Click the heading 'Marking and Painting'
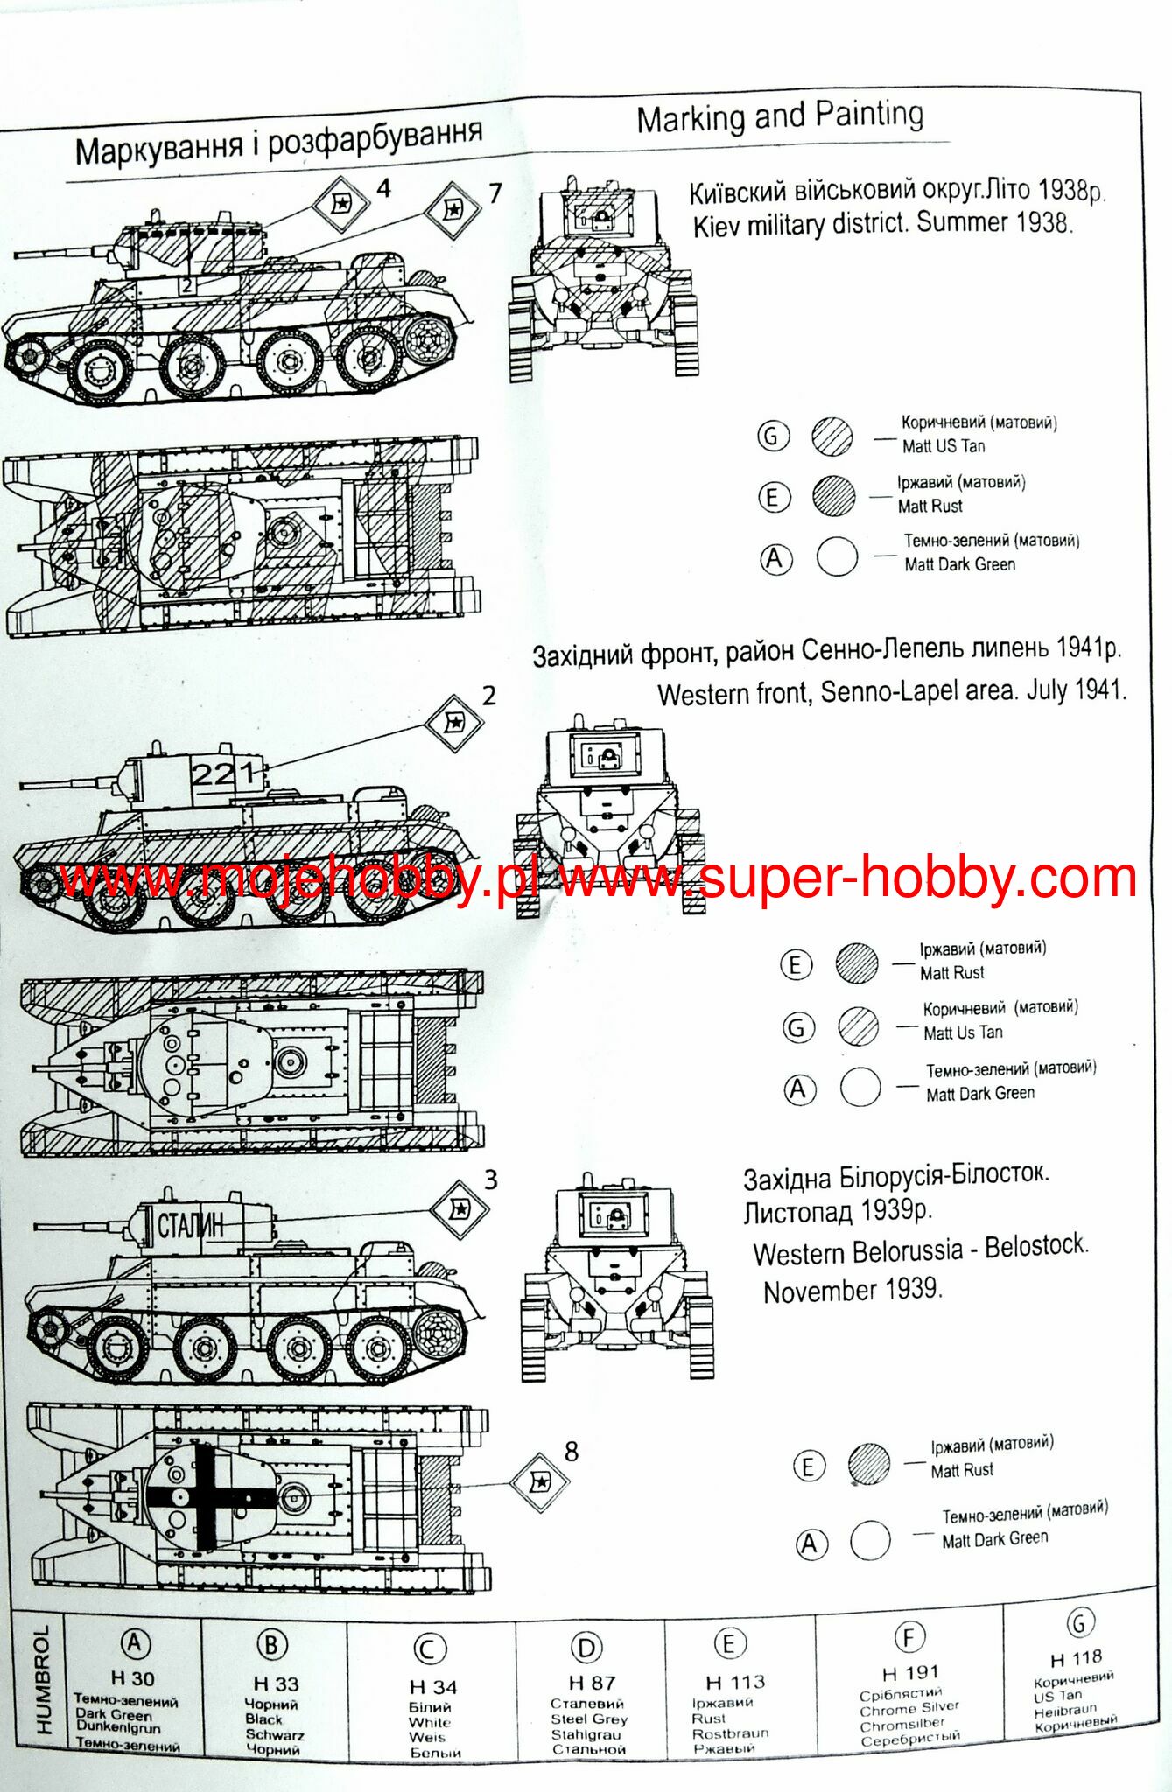[779, 116]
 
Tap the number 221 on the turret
[224, 773]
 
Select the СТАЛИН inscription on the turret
[191, 1226]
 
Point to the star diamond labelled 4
[340, 204]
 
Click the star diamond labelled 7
[453, 210]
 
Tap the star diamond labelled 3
[460, 1209]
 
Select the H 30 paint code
[132, 1678]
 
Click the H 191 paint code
[910, 1673]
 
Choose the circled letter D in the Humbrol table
[586, 1648]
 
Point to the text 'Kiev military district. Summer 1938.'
[882, 224]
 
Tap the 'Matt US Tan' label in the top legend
[944, 446]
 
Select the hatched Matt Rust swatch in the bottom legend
[868, 1463]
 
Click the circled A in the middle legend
[797, 1089]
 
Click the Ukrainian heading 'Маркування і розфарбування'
[278, 142]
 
